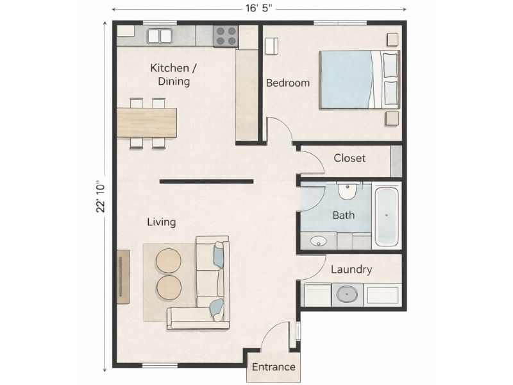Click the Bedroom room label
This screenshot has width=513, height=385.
tap(288, 83)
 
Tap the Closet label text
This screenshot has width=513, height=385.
tap(349, 158)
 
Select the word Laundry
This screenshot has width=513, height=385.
tap(351, 269)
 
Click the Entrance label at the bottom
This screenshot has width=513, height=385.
tap(273, 367)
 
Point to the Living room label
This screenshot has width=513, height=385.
tap(162, 222)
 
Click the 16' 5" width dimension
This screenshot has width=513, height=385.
tap(259, 10)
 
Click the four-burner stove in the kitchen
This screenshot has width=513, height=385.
tap(225, 36)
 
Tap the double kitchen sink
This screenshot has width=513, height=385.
tap(160, 36)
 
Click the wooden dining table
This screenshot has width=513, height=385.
tap(147, 122)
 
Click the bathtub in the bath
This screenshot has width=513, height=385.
tap(387, 216)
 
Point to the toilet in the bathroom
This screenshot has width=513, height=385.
tap(347, 191)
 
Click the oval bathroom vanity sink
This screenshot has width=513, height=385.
tap(317, 241)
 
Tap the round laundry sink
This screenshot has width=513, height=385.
tap(346, 295)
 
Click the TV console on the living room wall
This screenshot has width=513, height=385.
tap(123, 276)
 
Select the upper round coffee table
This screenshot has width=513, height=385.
tap(169, 261)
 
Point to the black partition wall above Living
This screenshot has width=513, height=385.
tap(206, 182)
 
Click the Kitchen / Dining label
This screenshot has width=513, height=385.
tap(170, 74)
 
